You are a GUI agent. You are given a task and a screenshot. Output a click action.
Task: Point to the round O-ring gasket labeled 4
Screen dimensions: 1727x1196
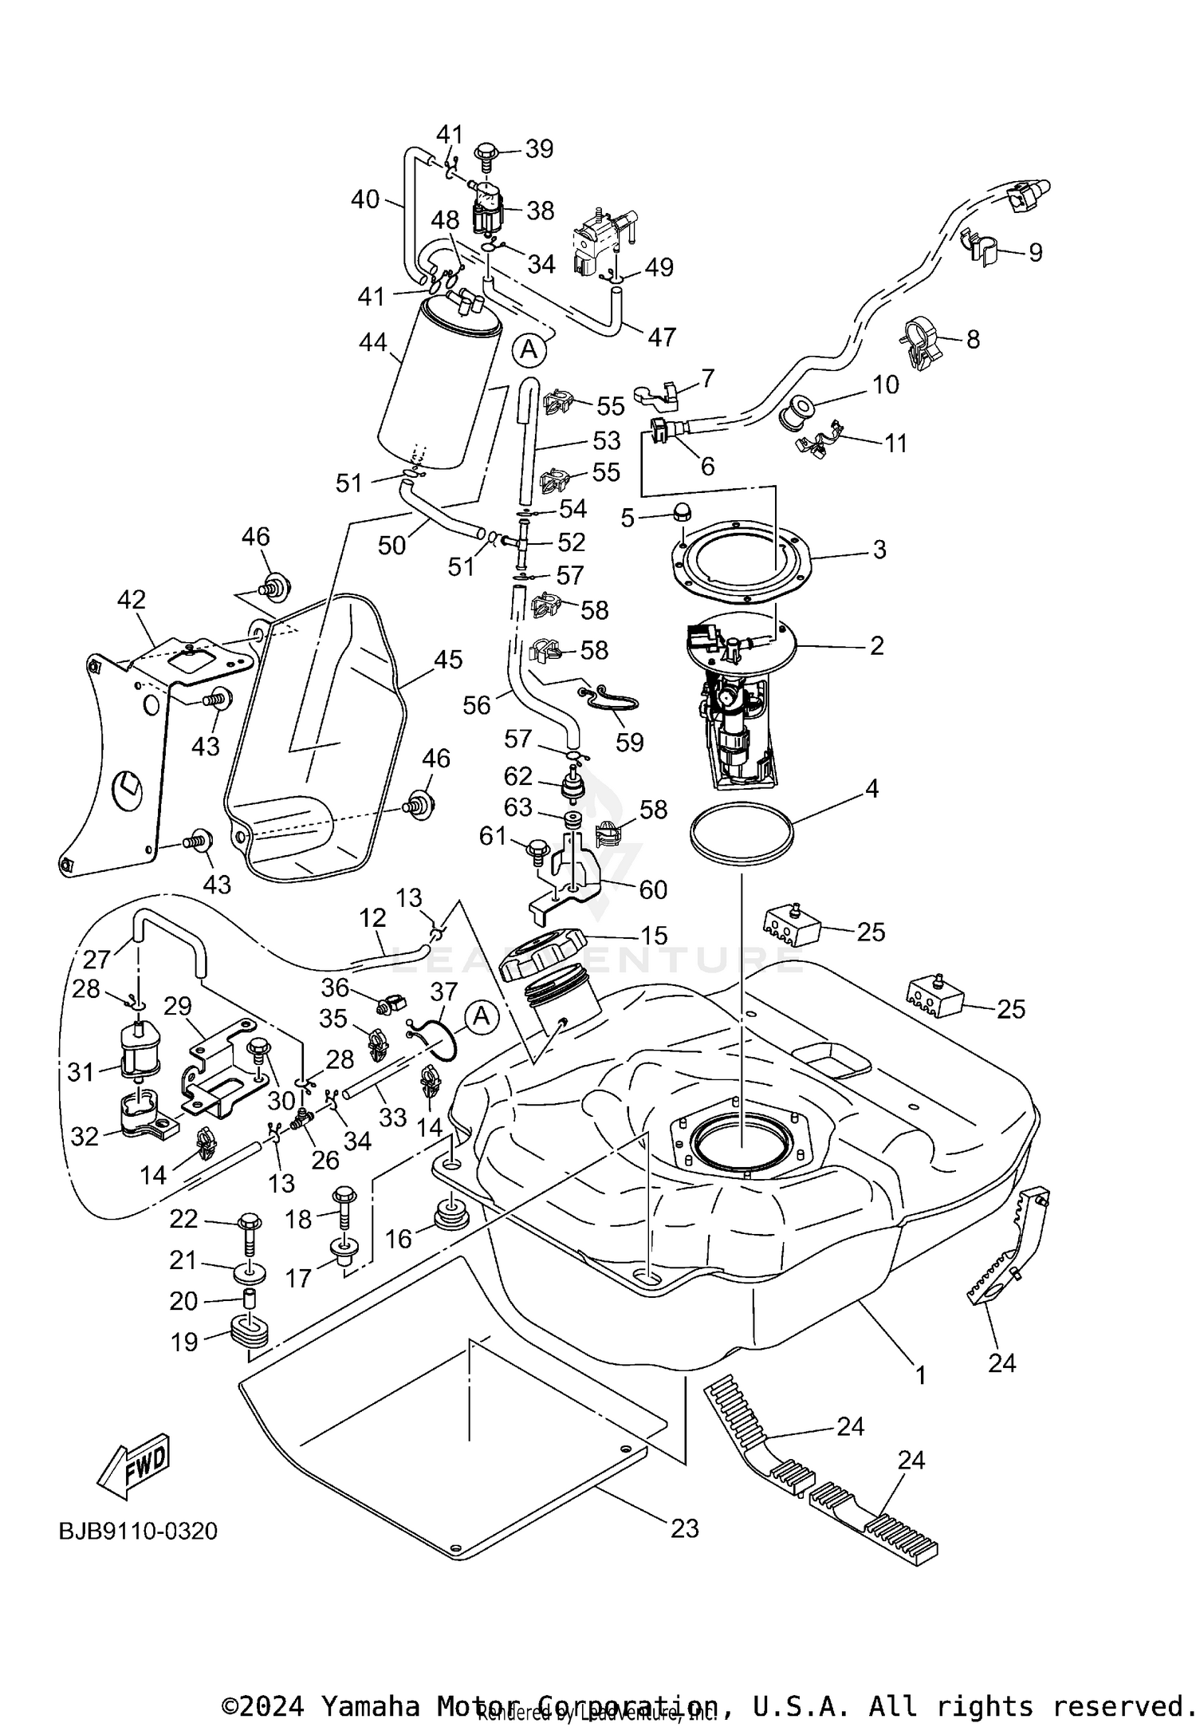coord(741,836)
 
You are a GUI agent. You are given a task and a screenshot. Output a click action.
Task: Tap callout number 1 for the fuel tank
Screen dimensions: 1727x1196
coord(920,1375)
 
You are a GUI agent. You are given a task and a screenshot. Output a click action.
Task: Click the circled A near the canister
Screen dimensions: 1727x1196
coord(529,349)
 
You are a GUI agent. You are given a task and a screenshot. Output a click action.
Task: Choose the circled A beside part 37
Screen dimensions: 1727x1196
coord(481,1017)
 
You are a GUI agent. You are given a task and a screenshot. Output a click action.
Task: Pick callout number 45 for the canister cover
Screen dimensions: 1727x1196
coord(448,660)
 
